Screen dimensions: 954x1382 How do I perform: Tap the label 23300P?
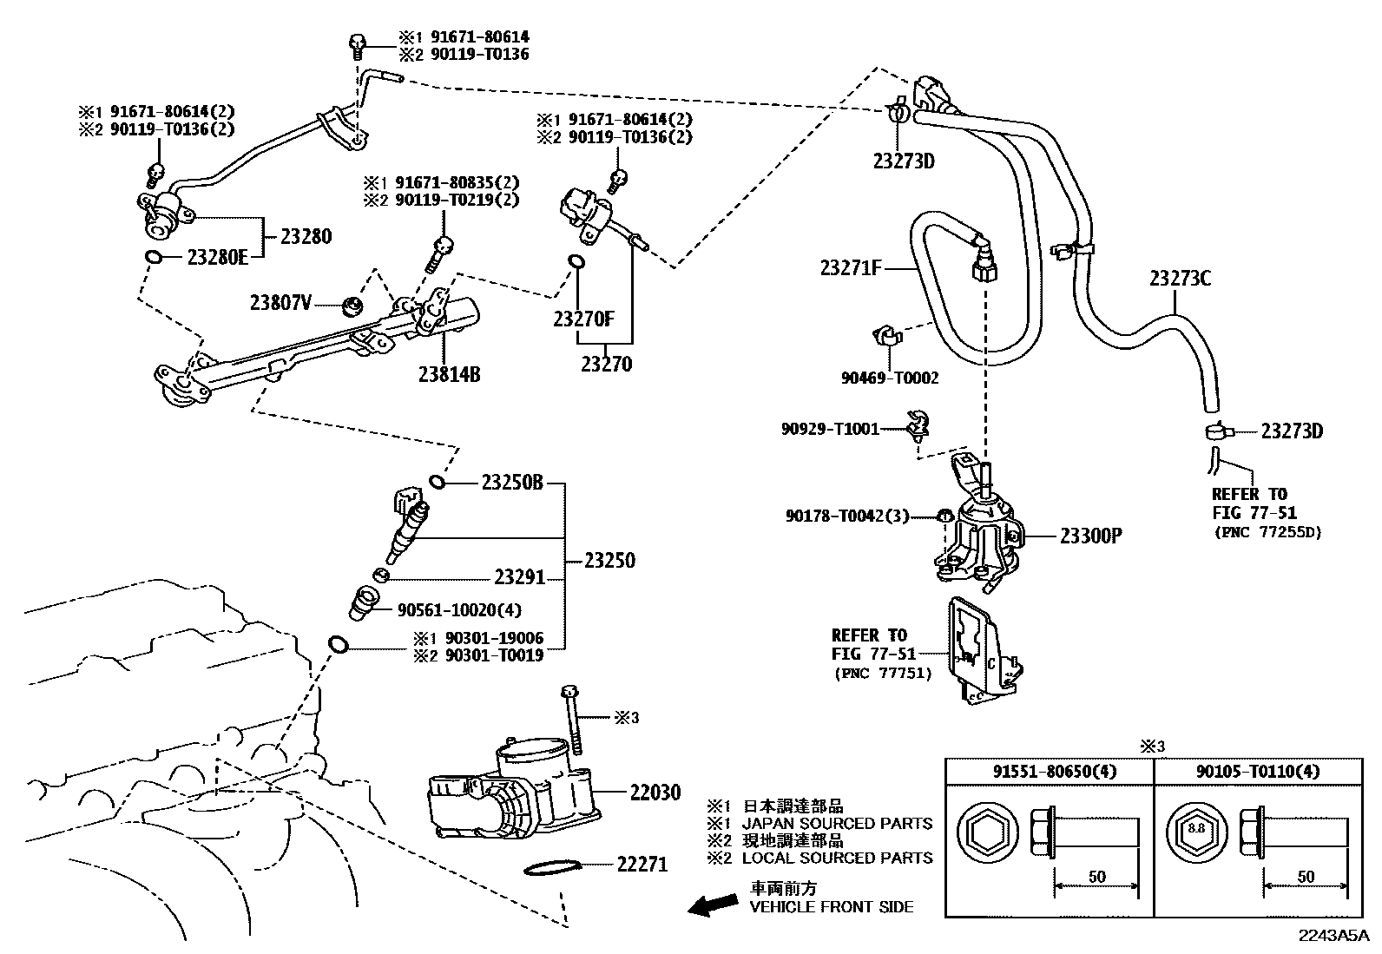click(x=1090, y=536)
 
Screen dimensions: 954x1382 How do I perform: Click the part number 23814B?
click(x=449, y=375)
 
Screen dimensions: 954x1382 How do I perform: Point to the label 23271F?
click(x=851, y=268)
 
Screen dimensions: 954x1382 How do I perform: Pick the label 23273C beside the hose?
click(x=1180, y=279)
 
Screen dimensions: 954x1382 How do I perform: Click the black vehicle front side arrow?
click(x=711, y=905)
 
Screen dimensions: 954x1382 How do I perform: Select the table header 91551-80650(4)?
click(x=1049, y=772)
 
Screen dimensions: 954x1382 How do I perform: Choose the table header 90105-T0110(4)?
click(x=1257, y=772)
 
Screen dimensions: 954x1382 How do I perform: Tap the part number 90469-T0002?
click(x=890, y=378)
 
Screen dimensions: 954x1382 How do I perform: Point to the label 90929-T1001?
click(x=830, y=429)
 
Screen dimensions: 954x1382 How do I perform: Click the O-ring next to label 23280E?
click(x=152, y=257)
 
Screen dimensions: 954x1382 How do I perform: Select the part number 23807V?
click(x=280, y=303)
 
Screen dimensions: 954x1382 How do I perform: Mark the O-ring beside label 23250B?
click(x=438, y=482)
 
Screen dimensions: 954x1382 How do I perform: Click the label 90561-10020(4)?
click(x=459, y=610)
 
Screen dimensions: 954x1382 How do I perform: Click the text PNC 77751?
click(x=882, y=672)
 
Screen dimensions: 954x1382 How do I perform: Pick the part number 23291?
click(x=519, y=577)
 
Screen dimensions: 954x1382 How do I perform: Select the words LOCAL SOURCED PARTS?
click(x=837, y=858)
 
